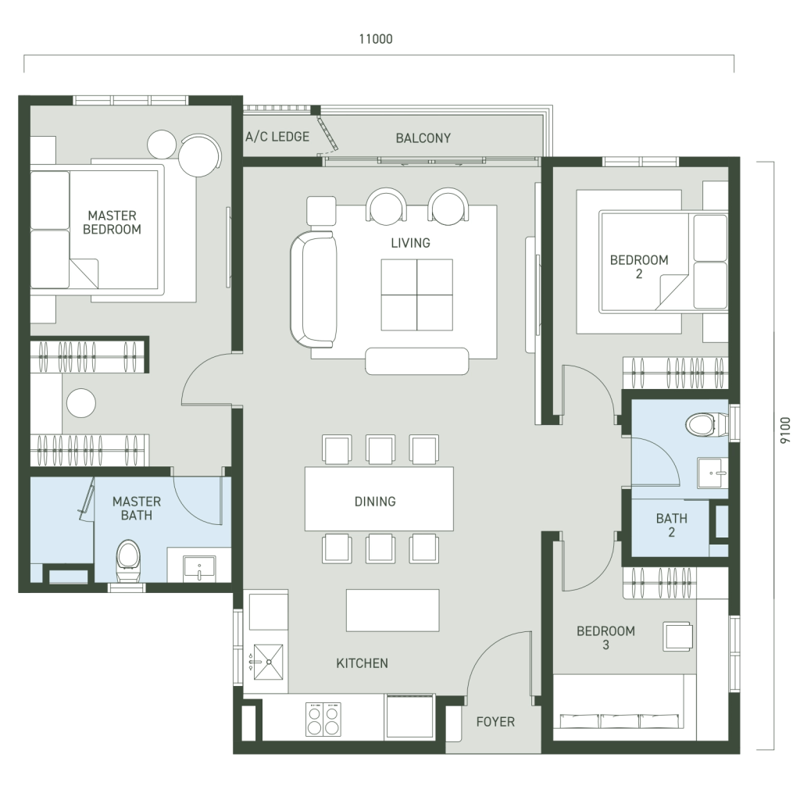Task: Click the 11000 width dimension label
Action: click(x=376, y=39)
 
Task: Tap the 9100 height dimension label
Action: click(x=785, y=430)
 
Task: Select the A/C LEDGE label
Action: click(x=277, y=137)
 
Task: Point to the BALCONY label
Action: click(x=423, y=137)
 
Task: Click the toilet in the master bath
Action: click(x=128, y=561)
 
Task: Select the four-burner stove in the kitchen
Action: click(x=323, y=719)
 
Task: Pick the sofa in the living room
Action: click(x=313, y=289)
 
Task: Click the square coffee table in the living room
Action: click(x=416, y=295)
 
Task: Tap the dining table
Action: click(x=379, y=498)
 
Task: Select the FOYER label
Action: click(x=495, y=721)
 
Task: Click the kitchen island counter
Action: click(x=392, y=610)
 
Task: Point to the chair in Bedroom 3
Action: click(x=677, y=636)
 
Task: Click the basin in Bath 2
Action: click(x=712, y=473)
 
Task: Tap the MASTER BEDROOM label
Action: click(x=112, y=223)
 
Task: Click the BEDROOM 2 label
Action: click(x=639, y=267)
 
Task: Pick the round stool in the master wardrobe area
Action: click(x=81, y=403)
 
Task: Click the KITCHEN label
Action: click(x=362, y=663)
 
